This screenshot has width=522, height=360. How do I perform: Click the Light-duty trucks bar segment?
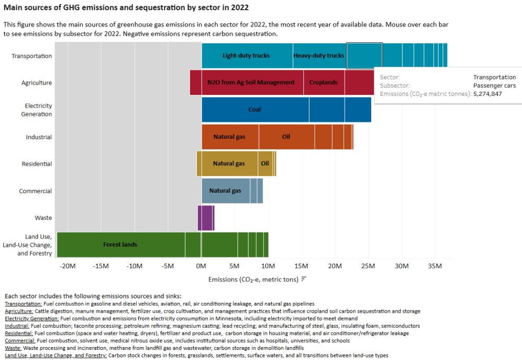coord(247,56)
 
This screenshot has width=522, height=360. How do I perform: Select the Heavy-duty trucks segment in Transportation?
coord(319,56)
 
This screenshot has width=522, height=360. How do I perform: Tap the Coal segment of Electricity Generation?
coord(255,110)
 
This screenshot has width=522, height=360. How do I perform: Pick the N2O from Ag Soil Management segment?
coord(251,83)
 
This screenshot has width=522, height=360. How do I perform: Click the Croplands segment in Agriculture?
coord(323,83)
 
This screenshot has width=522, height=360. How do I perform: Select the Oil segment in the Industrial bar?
coord(286,137)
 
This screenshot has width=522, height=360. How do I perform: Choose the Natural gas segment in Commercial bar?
coord(225,191)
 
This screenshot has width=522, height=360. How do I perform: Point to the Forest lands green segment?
coord(120,245)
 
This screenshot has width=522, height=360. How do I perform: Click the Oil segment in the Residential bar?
coord(265,164)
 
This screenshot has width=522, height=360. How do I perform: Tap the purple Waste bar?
coord(206,218)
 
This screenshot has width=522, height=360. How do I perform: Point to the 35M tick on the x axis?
coord(435,266)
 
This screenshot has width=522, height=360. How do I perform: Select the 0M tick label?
coord(201,266)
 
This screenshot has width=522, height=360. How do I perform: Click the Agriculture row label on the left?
coord(37,83)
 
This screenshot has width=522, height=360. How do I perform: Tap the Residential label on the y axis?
coord(37,164)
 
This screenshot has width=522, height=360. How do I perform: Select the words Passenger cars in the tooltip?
coord(495,86)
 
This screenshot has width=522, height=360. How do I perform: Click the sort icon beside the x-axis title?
coord(303,279)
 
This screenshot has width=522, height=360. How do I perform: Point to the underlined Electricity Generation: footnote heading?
coord(32,318)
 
